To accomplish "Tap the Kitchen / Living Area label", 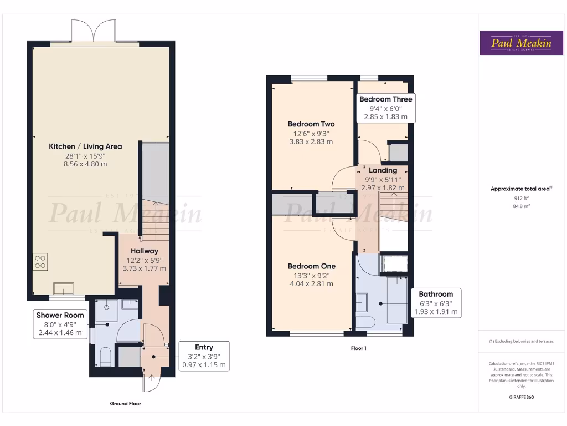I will (85, 146).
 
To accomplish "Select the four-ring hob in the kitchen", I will (40, 261).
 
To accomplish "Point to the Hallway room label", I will (145, 251).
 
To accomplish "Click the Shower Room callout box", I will (60, 324).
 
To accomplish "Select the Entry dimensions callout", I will (204, 356).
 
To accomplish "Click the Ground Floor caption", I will (125, 404).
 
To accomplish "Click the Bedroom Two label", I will (311, 124).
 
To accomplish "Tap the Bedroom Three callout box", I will (385, 108).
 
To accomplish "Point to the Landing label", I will (383, 170).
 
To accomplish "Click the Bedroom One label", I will (311, 266).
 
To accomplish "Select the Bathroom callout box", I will (435, 303).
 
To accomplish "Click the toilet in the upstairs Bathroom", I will (366, 322).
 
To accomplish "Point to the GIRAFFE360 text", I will (521, 397).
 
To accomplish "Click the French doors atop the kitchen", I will (92, 32).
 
